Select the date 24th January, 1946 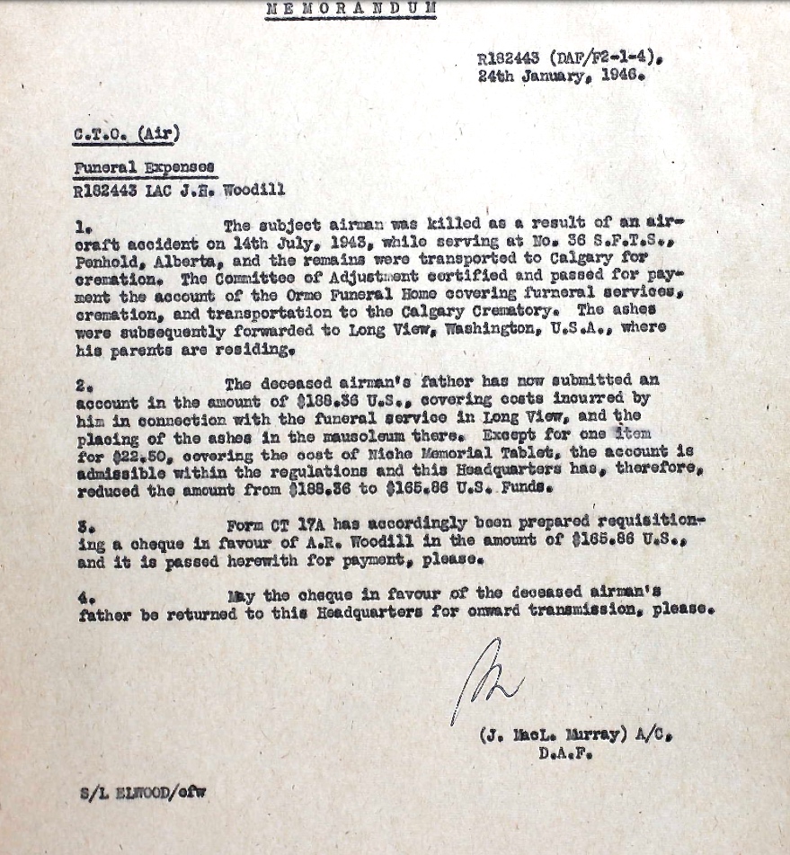[561, 76]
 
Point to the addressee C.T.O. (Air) [127, 135]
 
